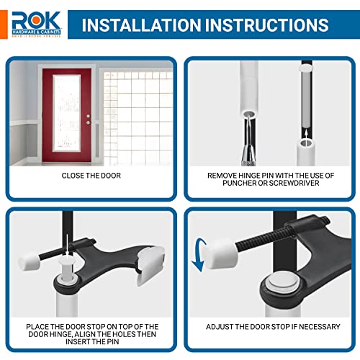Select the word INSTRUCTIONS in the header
267,25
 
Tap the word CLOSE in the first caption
68,175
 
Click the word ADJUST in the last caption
222,326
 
